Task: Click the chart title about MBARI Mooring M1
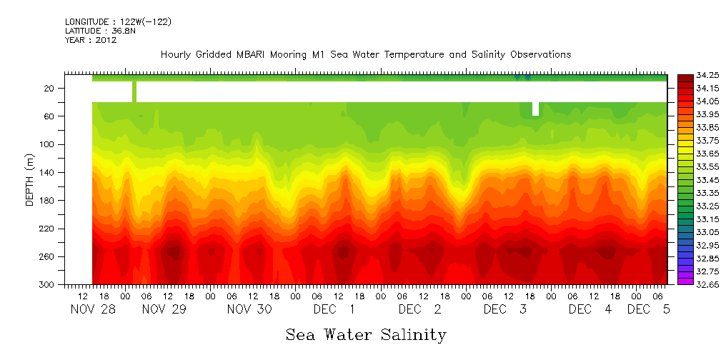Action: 366,55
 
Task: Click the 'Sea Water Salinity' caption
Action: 366,334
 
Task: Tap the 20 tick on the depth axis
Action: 50,88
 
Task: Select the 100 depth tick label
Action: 48,144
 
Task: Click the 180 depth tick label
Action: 48,200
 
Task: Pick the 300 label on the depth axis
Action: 48,284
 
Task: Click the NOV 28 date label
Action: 93,309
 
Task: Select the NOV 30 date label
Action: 249,309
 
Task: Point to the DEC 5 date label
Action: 648,309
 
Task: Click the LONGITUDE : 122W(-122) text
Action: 118,22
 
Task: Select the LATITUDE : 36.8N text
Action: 99,31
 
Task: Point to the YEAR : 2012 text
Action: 90,41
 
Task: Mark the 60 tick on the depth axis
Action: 50,116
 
